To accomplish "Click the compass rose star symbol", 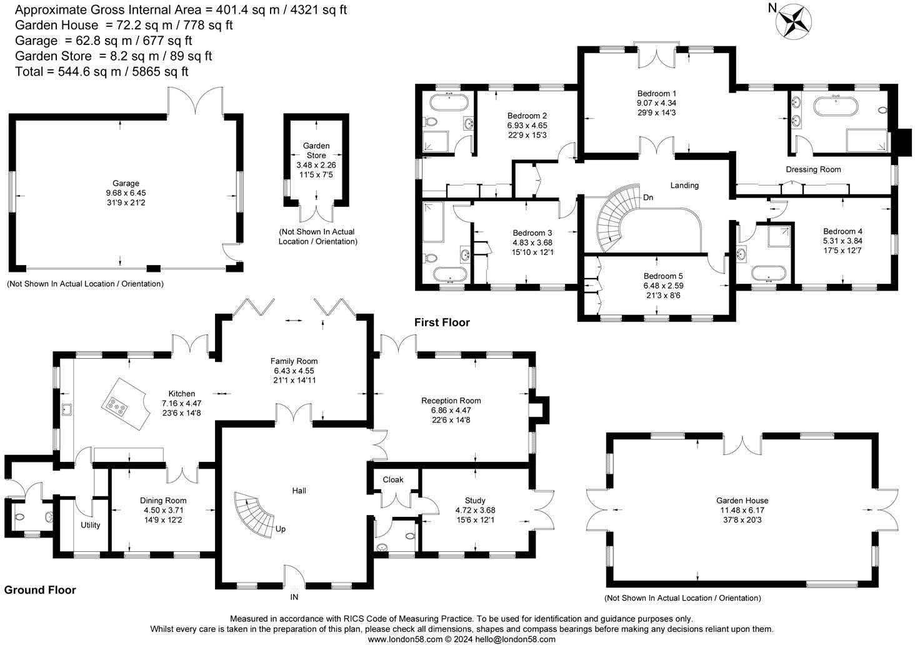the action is [x=793, y=22].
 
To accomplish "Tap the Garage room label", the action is [x=126, y=183].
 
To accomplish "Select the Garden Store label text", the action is [x=316, y=151].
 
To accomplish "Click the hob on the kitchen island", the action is [x=116, y=406].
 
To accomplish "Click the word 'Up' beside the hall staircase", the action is [x=280, y=529].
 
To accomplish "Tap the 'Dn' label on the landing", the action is [x=648, y=197].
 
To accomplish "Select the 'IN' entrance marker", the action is [x=294, y=597].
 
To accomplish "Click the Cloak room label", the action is [x=393, y=479].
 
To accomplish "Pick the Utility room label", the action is [x=90, y=526].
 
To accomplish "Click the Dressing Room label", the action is [x=813, y=169].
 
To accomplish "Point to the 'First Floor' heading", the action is [x=442, y=322].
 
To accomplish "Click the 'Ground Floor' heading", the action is [x=40, y=590].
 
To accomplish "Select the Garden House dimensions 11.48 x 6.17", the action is [x=742, y=510].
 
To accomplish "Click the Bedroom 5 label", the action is [x=663, y=276].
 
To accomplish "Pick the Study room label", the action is [x=475, y=501].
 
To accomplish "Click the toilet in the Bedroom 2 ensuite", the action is [x=431, y=121].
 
